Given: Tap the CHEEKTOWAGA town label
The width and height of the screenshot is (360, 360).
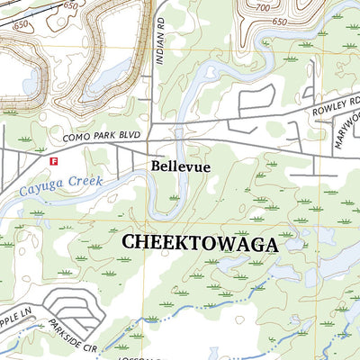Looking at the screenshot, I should coord(199,243).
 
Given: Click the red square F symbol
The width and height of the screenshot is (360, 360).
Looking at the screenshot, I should coord(53,162).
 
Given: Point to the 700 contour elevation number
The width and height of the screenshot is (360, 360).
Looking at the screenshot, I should coord(263,8).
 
